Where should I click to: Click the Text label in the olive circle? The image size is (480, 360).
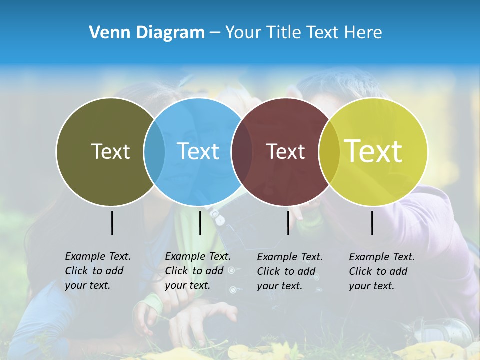tap(110, 151)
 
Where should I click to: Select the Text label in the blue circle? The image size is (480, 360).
tap(198, 151)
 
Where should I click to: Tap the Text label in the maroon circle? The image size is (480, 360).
tap(285, 151)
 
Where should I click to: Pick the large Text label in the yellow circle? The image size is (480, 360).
tap(373, 151)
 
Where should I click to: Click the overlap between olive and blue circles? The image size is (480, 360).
tap(154, 152)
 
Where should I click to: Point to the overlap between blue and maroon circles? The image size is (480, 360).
tap(242, 152)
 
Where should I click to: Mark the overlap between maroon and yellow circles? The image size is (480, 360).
tap(328, 152)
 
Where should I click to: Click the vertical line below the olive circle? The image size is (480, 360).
tap(112, 223)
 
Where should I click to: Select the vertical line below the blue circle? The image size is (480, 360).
tap(200, 223)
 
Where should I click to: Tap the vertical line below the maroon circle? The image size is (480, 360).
tap(288, 223)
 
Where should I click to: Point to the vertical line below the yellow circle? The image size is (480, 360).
tap(372, 223)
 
